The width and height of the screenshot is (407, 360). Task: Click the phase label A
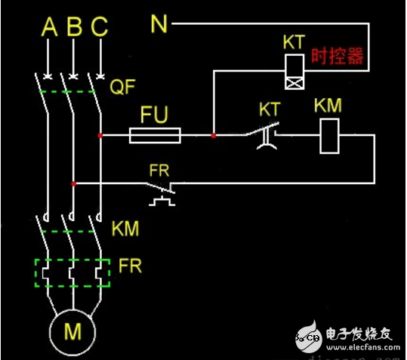tap(49, 28)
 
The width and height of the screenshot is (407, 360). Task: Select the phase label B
tap(74, 28)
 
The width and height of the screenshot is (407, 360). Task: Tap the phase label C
tap(100, 28)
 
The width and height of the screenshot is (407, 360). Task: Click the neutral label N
tap(159, 25)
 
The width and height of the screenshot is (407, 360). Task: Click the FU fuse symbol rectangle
tap(156, 136)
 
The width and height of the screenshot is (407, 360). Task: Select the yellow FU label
tap(155, 115)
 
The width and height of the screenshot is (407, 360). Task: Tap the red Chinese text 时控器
tap(337, 57)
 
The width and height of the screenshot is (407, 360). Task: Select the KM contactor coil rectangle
tap(329, 136)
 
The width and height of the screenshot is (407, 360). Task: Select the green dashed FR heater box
tap(73, 272)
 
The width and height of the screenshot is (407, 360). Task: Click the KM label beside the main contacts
tap(125, 227)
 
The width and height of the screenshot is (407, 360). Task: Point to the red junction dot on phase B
tap(73, 183)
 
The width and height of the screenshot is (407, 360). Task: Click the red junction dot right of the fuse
tap(214, 136)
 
